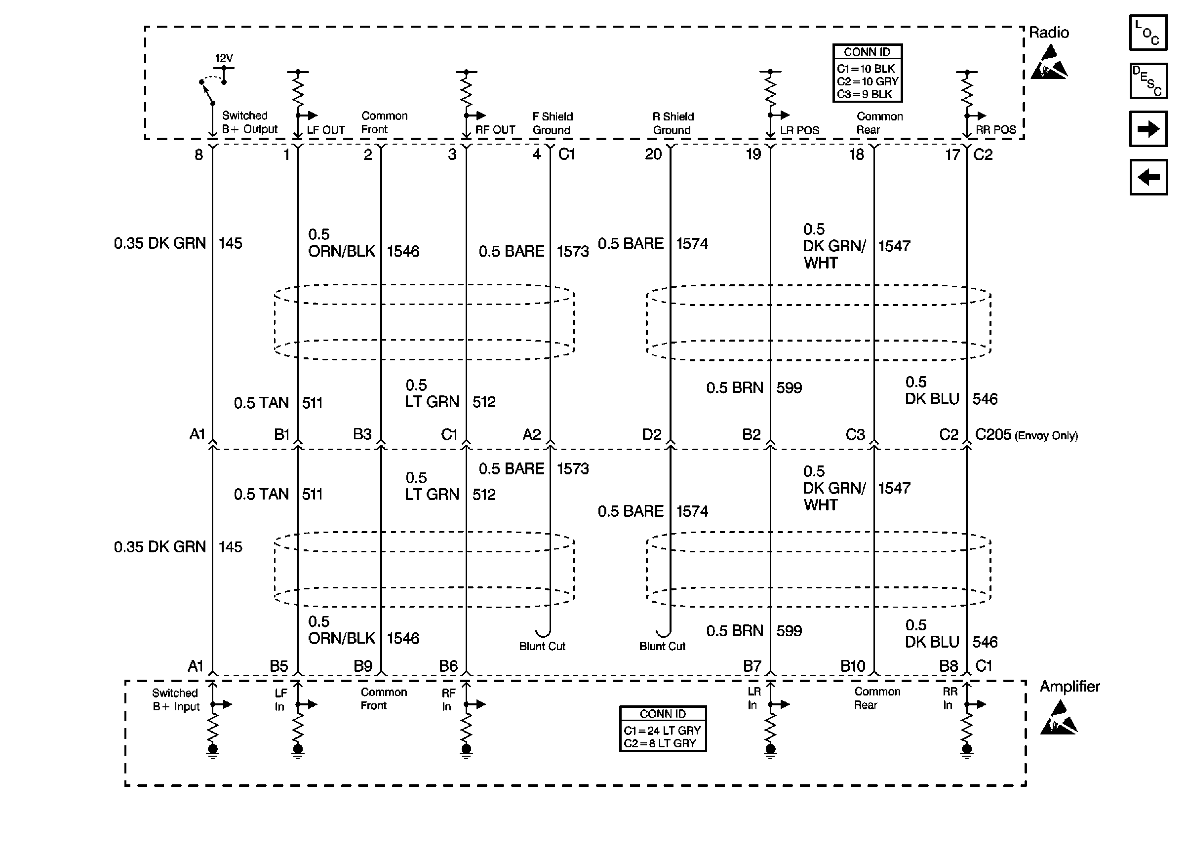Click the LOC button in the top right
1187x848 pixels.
coord(1147,33)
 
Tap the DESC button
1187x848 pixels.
coord(1147,81)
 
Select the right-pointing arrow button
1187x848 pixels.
coord(1147,128)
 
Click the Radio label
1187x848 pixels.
coord(1048,33)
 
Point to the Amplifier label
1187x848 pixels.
coord(1069,686)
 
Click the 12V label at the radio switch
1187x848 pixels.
coord(224,58)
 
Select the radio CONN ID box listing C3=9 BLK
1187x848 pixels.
coord(867,73)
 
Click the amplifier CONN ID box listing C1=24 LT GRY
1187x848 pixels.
coord(662,729)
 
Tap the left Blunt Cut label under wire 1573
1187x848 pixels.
coord(542,647)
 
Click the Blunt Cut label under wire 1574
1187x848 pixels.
coord(662,647)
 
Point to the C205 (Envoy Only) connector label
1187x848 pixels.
coord(1026,434)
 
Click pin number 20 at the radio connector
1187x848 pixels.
coord(653,154)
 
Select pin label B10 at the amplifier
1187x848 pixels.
coord(852,666)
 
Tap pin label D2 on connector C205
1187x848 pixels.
coord(651,434)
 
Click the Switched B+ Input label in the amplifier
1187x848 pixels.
coord(175,700)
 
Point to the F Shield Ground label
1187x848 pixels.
coord(552,123)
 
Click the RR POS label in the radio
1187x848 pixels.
coord(995,130)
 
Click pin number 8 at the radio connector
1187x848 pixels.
coord(198,154)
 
